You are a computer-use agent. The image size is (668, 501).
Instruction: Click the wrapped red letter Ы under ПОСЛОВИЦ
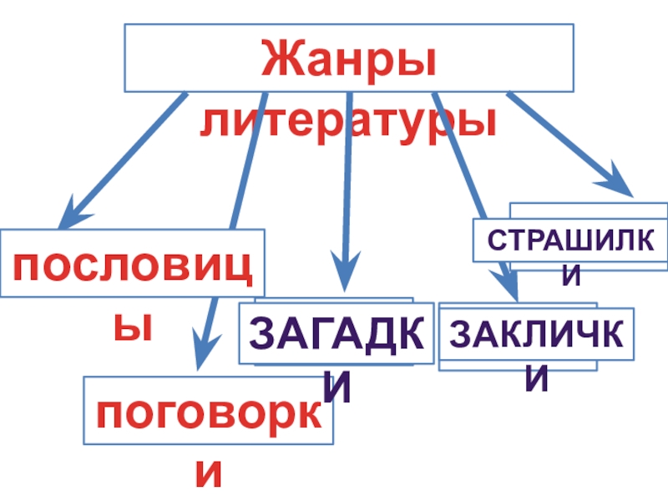(x=134, y=326)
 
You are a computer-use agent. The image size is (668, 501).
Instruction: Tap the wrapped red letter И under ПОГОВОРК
(x=208, y=473)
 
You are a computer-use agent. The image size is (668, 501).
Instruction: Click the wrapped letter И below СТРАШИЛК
(x=573, y=276)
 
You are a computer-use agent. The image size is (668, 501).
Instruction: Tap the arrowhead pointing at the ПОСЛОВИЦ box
(x=73, y=214)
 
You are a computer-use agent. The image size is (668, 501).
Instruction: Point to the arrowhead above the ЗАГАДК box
(x=347, y=272)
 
